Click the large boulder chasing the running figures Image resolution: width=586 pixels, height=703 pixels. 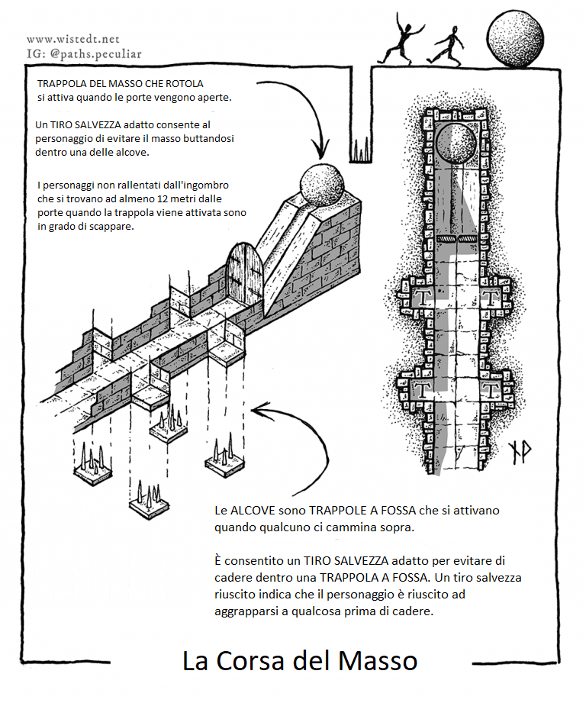(517, 38)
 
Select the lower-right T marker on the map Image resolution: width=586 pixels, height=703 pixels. (492, 390)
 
